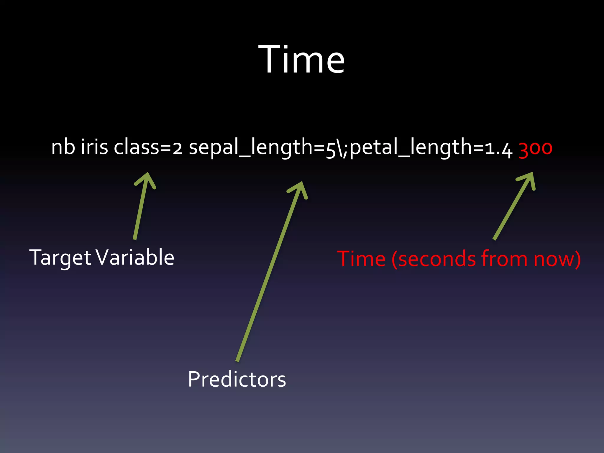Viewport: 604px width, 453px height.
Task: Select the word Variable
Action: [135, 257]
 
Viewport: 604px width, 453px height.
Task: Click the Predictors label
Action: [237, 379]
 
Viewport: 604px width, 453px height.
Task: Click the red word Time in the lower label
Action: [361, 259]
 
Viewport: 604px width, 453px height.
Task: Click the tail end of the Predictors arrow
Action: [238, 360]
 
